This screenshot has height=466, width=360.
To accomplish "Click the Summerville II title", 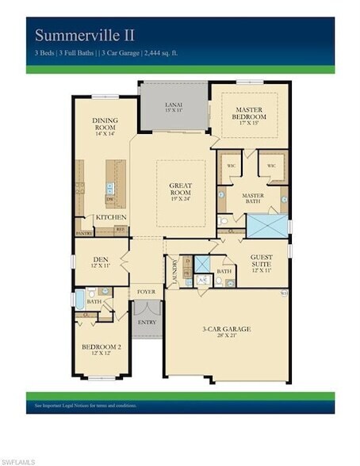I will tap(85, 35).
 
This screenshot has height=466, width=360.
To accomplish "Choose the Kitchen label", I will tap(111, 216).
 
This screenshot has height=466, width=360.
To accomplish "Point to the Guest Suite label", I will tap(262, 262).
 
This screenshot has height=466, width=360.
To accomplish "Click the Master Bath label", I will tap(253, 198).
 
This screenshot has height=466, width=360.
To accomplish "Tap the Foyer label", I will tap(146, 292).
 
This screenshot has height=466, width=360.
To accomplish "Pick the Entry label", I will tap(147, 322).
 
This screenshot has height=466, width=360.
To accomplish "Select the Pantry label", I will tap(85, 234).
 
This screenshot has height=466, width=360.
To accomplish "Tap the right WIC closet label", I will tap(271, 166).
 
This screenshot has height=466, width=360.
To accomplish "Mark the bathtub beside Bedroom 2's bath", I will tap(79, 300).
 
